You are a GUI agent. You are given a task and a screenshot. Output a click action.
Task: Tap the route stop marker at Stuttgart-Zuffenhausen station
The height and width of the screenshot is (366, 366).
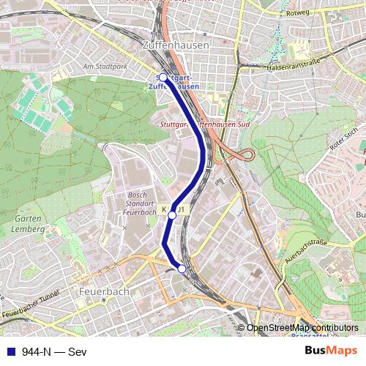click(163, 77)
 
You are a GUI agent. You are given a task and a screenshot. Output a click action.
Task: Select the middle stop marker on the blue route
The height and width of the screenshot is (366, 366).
click(172, 215)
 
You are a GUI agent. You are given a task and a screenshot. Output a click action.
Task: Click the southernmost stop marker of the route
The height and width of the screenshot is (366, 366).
click(182, 269)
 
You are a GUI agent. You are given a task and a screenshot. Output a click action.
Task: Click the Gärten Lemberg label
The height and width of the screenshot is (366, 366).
click(30, 222)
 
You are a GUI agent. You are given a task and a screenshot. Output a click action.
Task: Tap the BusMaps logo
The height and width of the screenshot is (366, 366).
click(331, 351)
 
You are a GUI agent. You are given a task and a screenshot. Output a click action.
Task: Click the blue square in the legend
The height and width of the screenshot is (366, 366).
click(10, 351)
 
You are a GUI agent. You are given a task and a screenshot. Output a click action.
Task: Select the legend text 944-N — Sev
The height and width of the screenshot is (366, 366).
click(51, 351)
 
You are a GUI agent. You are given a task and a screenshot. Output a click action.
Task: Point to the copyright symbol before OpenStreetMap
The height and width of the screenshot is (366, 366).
click(241, 327)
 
